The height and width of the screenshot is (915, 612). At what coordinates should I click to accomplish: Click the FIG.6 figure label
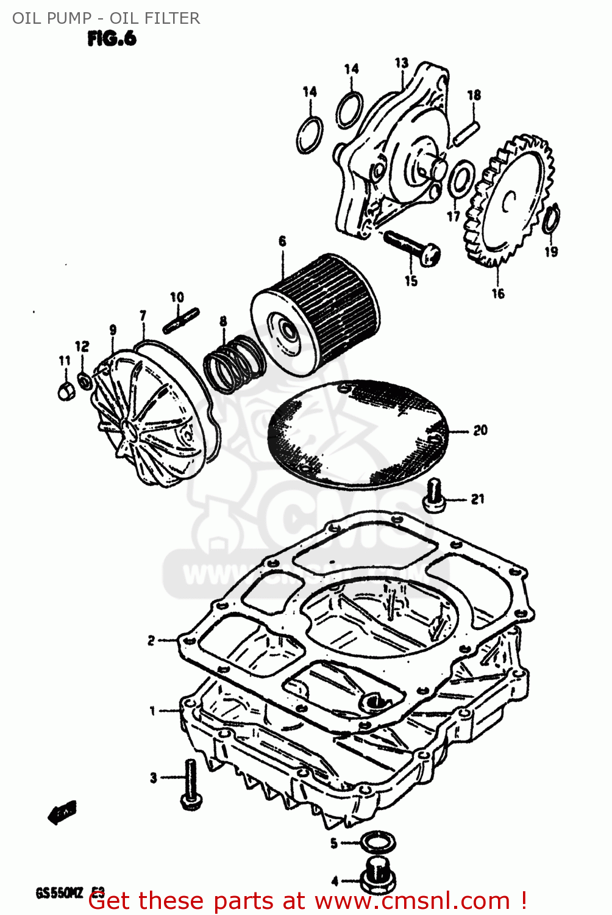click(x=112, y=39)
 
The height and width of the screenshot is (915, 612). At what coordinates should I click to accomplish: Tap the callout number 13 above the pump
click(x=401, y=63)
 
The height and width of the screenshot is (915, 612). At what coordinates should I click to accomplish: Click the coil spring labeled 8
click(x=234, y=364)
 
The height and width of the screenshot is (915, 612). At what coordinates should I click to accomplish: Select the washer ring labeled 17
click(x=461, y=179)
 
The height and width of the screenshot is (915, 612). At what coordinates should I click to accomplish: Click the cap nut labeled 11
click(x=66, y=390)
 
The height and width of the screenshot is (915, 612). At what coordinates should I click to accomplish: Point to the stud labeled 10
click(x=181, y=321)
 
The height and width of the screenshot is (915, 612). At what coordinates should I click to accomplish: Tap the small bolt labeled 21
click(x=433, y=497)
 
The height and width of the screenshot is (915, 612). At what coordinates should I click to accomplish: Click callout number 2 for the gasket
click(x=151, y=640)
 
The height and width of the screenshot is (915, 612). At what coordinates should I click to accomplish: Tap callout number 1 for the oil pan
click(x=153, y=711)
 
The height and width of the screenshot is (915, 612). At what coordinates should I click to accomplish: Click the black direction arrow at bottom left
click(x=62, y=813)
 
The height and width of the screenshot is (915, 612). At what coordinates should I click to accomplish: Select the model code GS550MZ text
click(x=59, y=894)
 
